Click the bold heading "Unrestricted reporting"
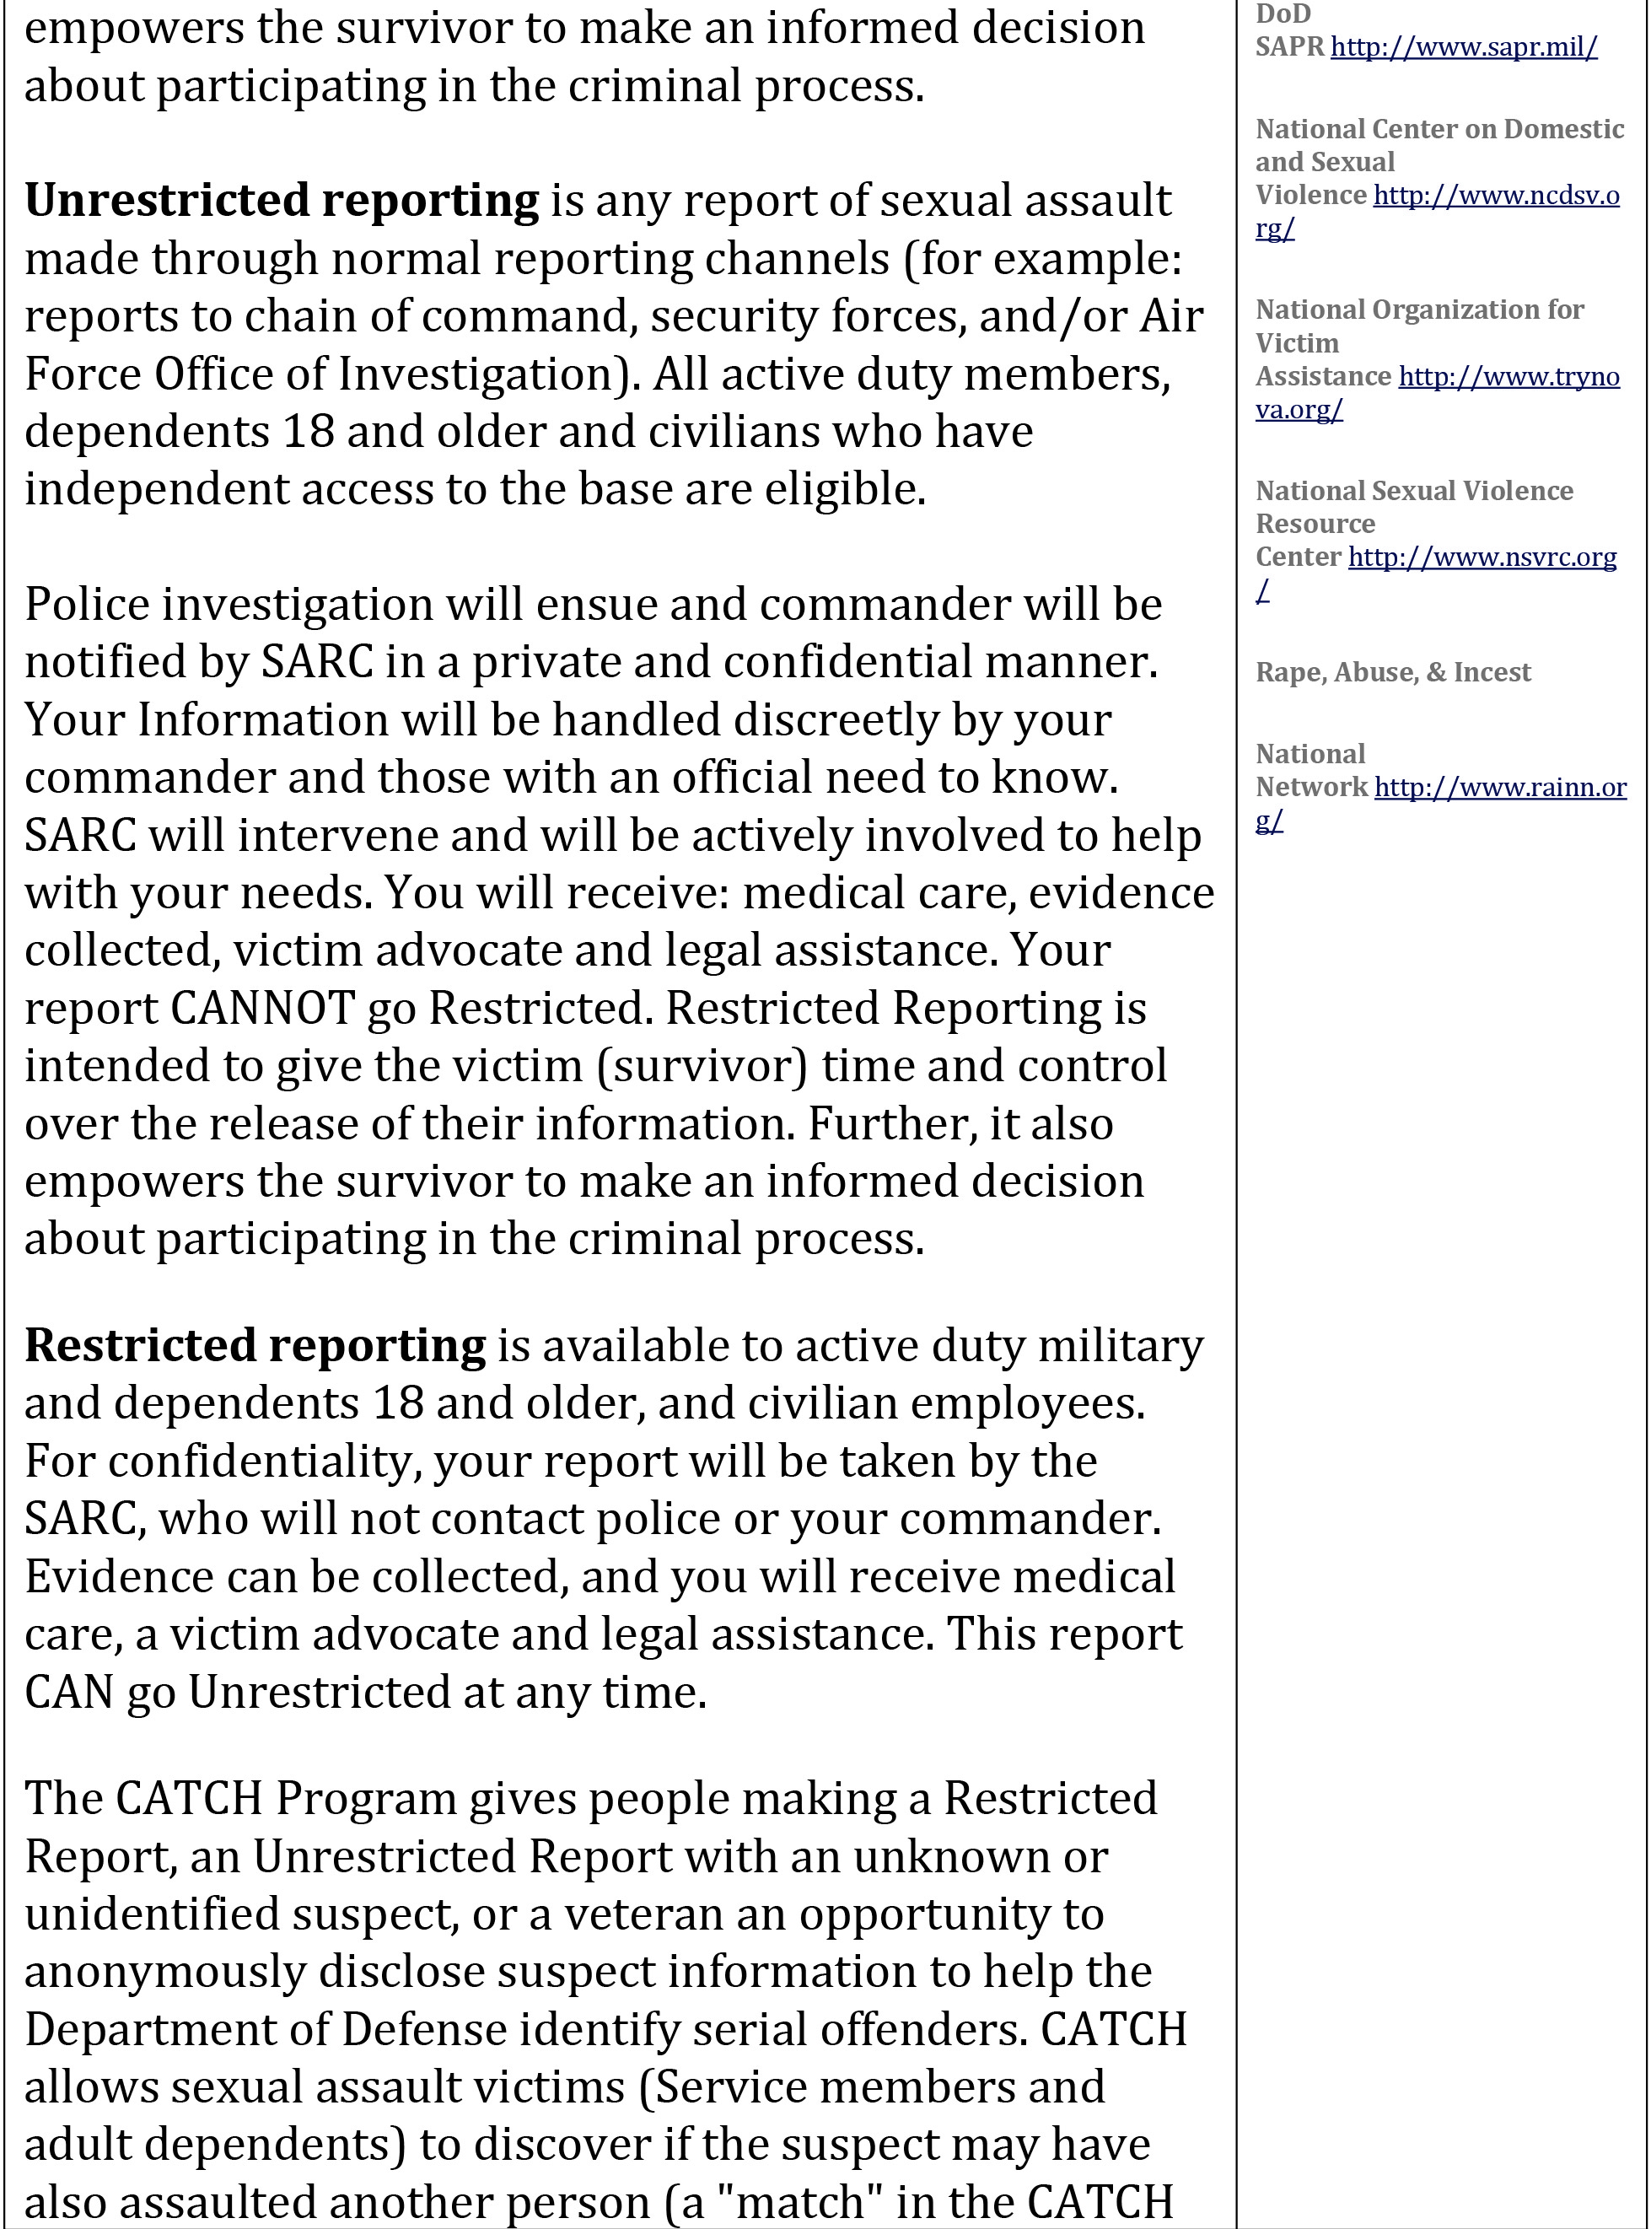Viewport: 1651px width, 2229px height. point(281,201)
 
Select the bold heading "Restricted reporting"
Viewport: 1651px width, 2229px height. point(255,1346)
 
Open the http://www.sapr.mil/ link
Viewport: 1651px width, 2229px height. point(1463,47)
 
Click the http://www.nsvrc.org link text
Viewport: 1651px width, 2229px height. point(1482,557)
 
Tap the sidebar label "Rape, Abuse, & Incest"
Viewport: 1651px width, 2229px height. point(1392,671)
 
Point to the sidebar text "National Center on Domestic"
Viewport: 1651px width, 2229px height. point(1439,129)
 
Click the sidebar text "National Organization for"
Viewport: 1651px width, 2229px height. point(1419,310)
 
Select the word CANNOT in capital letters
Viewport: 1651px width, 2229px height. point(263,1009)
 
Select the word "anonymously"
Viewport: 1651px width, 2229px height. point(165,1971)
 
